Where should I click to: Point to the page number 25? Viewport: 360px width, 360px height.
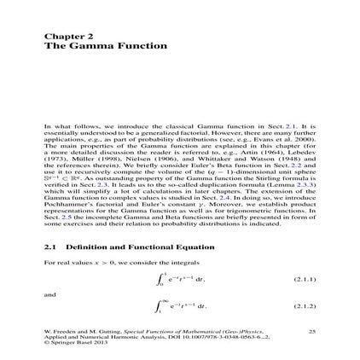pos(311,329)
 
